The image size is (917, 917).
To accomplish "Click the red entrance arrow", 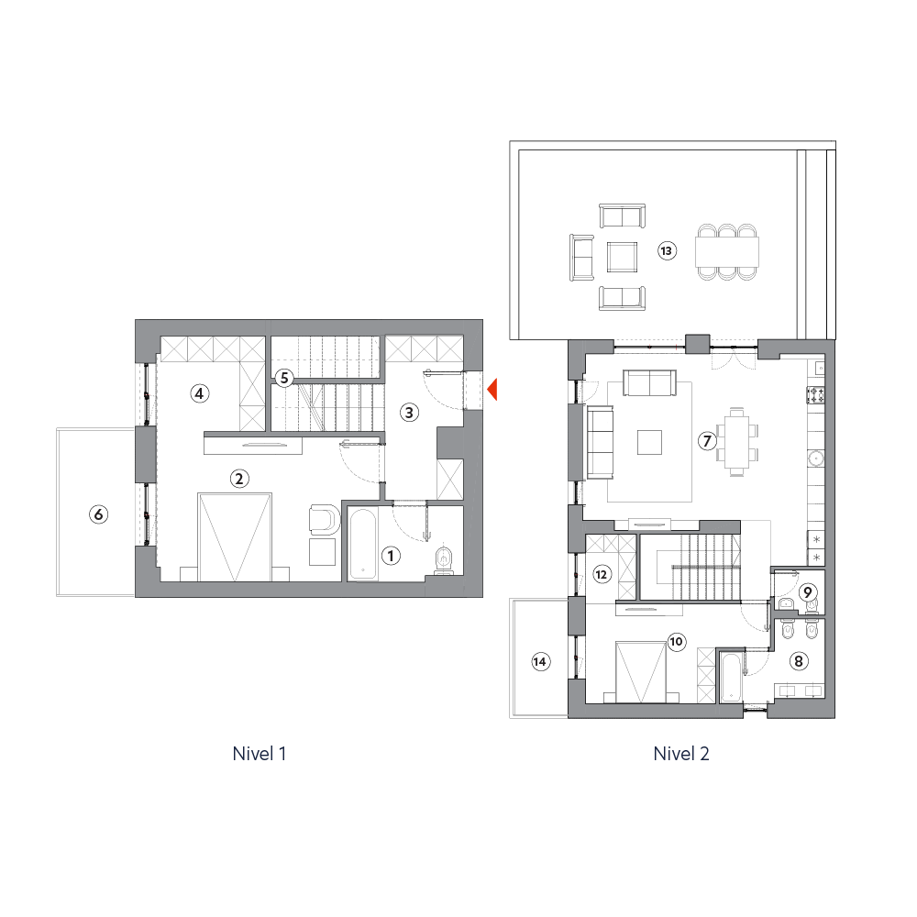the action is [492, 390].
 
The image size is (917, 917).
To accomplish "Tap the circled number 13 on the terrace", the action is [666, 251].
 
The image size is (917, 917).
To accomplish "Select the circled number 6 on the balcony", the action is [98, 514].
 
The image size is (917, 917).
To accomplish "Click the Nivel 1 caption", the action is [260, 753].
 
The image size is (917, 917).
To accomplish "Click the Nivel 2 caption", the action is [681, 753].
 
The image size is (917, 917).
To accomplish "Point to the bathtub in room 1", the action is [363, 545].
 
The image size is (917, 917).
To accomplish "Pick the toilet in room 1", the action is [445, 561].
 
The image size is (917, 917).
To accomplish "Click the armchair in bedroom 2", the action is [325, 519].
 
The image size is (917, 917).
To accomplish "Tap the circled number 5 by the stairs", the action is [284, 378].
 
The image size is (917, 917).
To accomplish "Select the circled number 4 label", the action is [199, 393].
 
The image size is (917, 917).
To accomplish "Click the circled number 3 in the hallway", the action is [409, 413].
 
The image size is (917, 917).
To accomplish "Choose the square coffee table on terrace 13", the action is [622, 258].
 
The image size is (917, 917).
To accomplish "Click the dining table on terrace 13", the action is [727, 251].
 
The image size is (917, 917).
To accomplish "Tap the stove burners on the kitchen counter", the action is [816, 394].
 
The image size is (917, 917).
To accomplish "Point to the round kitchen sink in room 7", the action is [816, 458].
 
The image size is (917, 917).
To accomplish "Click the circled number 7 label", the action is [707, 440].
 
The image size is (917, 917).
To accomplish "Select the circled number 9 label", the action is [808, 592].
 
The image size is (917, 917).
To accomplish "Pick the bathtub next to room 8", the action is [731, 678].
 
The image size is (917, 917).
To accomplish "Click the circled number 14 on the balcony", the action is [540, 661].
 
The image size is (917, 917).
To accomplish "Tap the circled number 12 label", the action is [602, 574].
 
